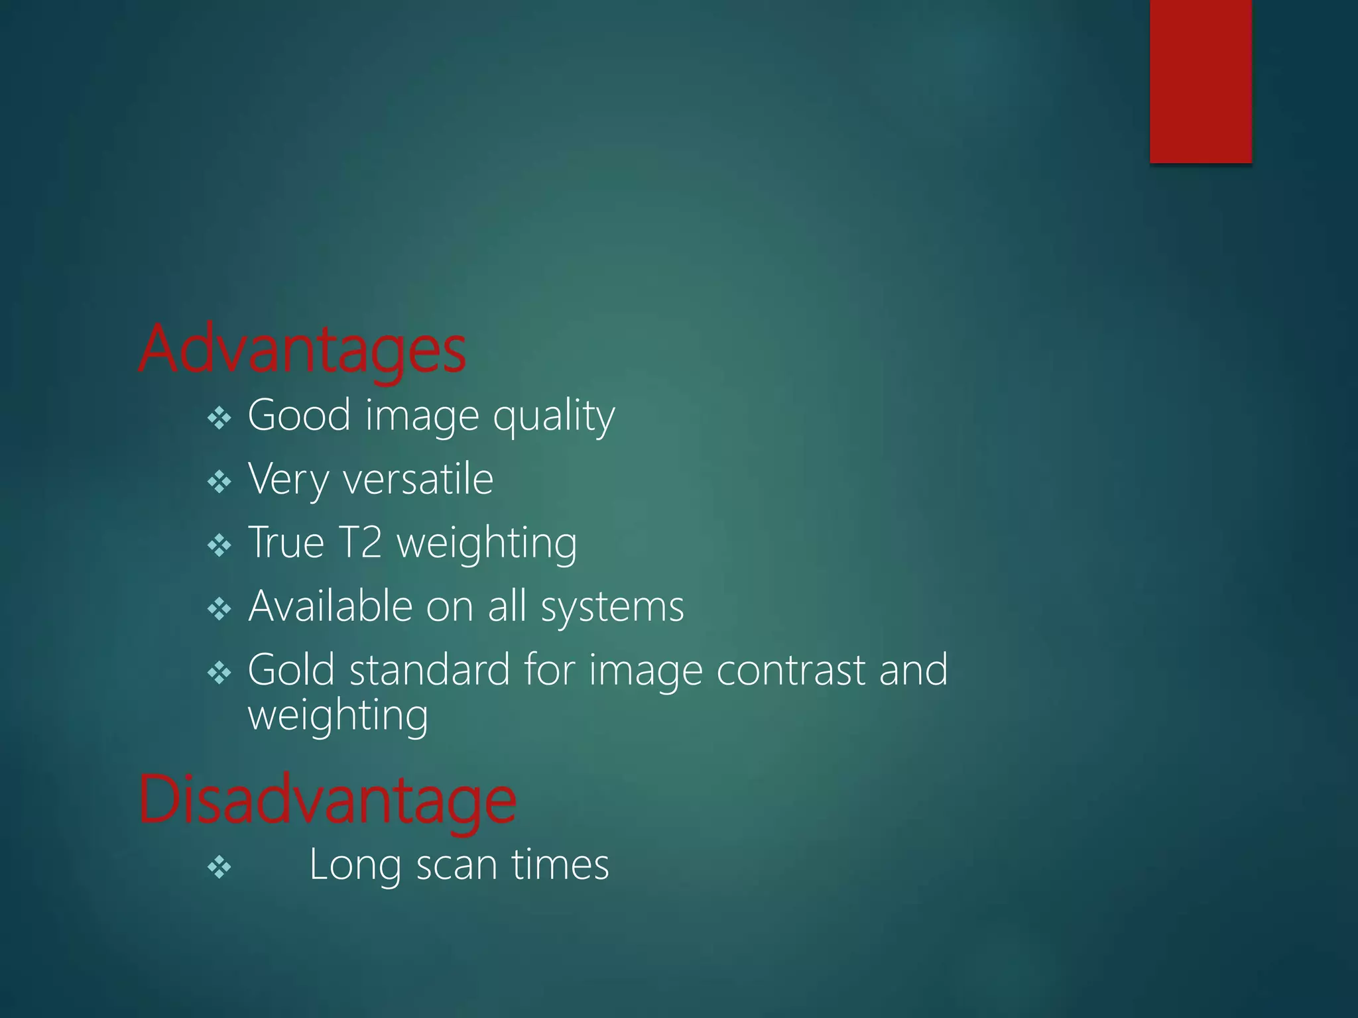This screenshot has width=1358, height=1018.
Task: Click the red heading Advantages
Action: point(302,350)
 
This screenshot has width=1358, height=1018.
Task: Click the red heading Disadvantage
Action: point(327,801)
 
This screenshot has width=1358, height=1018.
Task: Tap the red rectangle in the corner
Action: point(1201,81)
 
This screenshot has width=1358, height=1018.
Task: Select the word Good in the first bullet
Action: point(299,416)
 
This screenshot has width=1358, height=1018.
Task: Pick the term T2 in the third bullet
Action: point(360,542)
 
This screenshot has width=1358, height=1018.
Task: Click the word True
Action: point(286,542)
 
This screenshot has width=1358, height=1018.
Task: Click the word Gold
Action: point(290,669)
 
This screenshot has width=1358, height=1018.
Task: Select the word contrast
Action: point(790,670)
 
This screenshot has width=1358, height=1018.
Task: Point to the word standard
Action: point(430,669)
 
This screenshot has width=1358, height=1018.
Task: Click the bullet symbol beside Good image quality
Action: point(219,418)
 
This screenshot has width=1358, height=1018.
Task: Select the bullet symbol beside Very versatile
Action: point(219,482)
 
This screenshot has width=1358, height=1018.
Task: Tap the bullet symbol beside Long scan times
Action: point(219,867)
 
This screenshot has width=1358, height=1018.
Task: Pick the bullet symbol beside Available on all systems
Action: point(219,609)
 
